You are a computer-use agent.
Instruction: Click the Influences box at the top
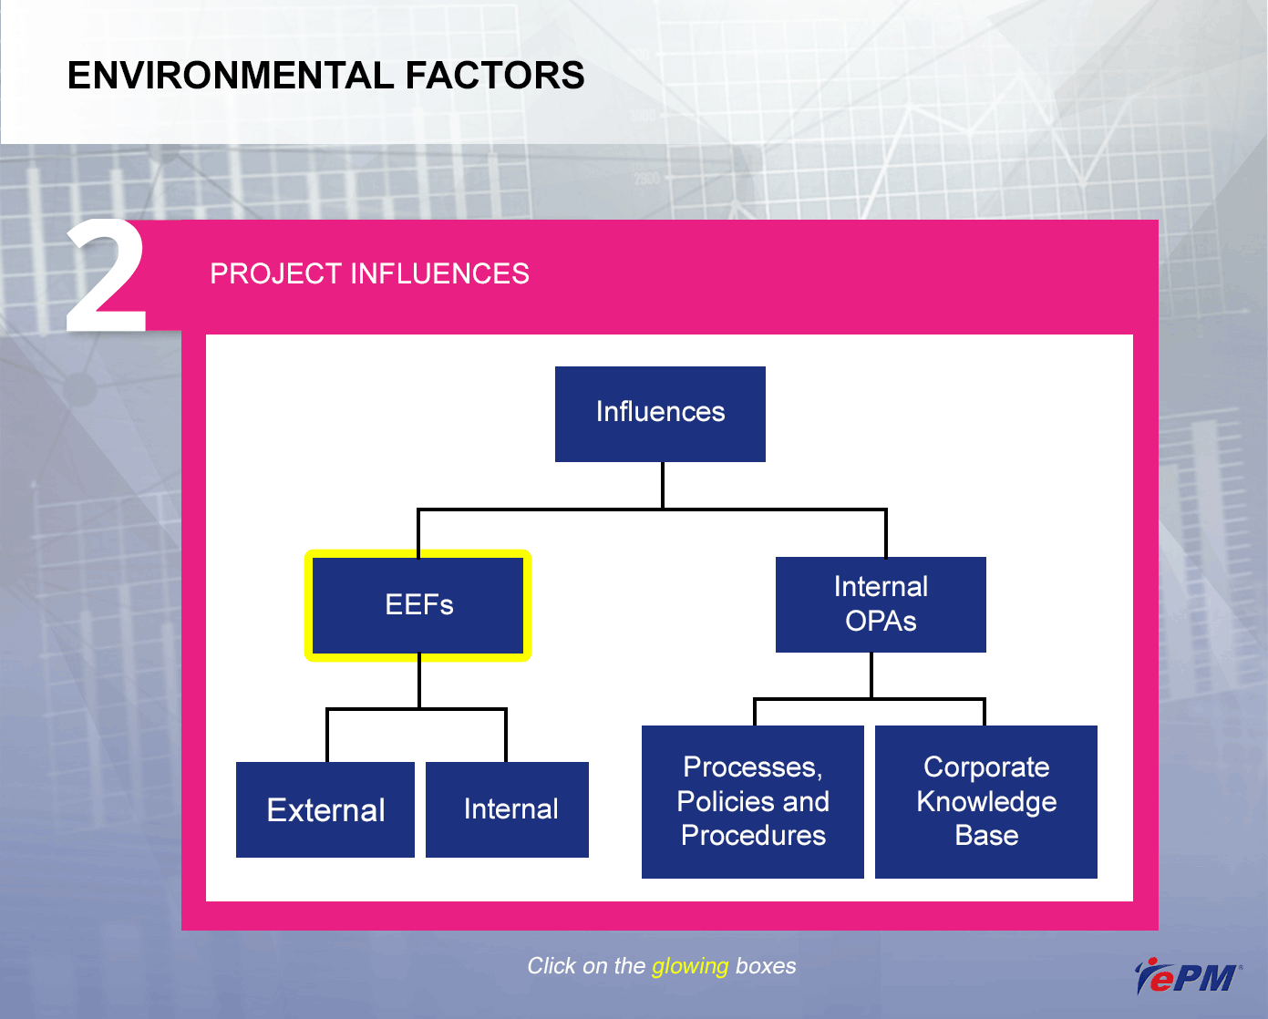pyautogui.click(x=660, y=414)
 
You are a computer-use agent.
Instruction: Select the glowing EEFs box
pyautogui.click(x=418, y=605)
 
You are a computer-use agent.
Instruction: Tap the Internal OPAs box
pyautogui.click(x=881, y=604)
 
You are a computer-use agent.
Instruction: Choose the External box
pyautogui.click(x=325, y=809)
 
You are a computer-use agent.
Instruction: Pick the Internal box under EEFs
pyautogui.click(x=507, y=809)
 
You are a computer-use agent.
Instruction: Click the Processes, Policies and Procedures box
pyautogui.click(x=752, y=801)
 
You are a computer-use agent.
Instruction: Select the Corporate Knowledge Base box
pyautogui.click(x=985, y=801)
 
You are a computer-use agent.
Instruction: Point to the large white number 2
pyautogui.click(x=106, y=276)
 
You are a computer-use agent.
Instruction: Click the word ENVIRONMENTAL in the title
pyautogui.click(x=231, y=76)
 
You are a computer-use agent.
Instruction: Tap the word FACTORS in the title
pyautogui.click(x=495, y=76)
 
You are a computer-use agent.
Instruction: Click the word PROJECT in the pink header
pyautogui.click(x=276, y=274)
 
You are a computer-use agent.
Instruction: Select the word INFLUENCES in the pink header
pyautogui.click(x=439, y=274)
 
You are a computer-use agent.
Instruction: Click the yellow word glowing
pyautogui.click(x=690, y=967)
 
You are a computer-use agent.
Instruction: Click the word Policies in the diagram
pyautogui.click(x=725, y=801)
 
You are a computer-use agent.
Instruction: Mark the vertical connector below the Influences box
pyautogui.click(x=663, y=485)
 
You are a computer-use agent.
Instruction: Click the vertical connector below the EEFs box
pyautogui.click(x=419, y=680)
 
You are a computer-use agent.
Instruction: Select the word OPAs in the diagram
pyautogui.click(x=881, y=622)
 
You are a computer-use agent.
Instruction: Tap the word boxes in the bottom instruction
pyautogui.click(x=766, y=966)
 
